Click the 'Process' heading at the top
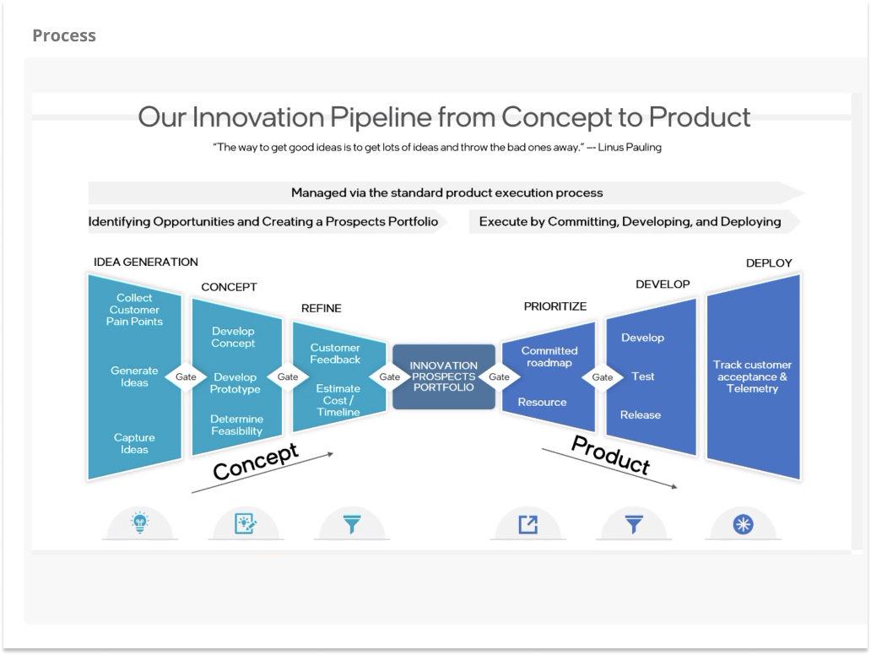tap(64, 35)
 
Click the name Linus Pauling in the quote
tap(630, 147)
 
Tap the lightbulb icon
tap(140, 522)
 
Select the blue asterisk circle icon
tap(744, 524)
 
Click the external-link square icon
tap(527, 524)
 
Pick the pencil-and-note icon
tap(246, 524)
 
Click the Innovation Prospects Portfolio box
tap(444, 376)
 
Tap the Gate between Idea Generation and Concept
tap(186, 376)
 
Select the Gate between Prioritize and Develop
tap(602, 377)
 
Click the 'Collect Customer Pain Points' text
tap(134, 310)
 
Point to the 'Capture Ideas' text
tap(134, 443)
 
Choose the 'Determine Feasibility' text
tap(236, 425)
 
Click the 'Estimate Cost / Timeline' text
tap(338, 400)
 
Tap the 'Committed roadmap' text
tap(549, 357)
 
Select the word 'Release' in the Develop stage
tap(641, 415)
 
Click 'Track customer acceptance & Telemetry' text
tap(752, 376)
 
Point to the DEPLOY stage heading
tap(769, 263)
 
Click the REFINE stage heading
tap(321, 308)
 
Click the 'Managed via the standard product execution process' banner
tap(446, 192)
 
